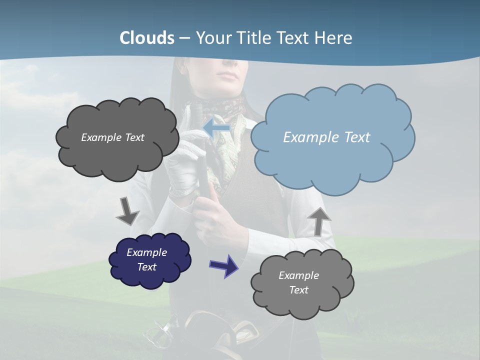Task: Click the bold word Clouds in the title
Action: (x=147, y=38)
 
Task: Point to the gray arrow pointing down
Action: (x=127, y=210)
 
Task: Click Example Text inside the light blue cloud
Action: (x=326, y=137)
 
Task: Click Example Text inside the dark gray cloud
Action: (x=112, y=137)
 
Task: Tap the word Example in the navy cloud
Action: (x=146, y=252)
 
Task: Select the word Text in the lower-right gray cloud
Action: (x=298, y=290)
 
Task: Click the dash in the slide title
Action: (x=184, y=38)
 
